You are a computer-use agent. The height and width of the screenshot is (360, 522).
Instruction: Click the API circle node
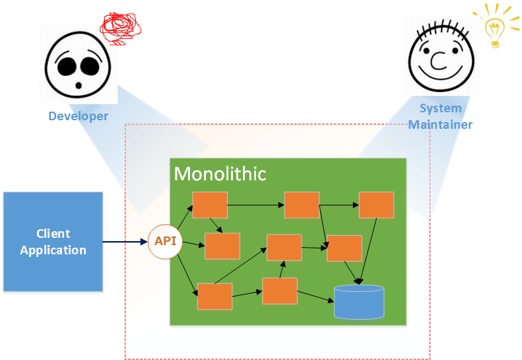coord(165,242)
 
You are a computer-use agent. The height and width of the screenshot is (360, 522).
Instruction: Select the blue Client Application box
coord(53,242)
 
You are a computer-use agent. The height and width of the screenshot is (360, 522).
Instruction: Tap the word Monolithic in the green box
coord(220,174)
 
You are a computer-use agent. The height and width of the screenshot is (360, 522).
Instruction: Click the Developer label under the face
coord(78,116)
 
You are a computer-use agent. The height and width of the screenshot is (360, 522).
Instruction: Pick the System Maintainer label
coord(440,116)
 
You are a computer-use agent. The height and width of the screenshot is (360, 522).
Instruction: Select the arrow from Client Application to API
coord(125,242)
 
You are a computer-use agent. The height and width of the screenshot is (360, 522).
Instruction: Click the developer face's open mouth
coord(79,85)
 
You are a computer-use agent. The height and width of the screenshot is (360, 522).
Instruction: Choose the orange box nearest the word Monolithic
coord(210,205)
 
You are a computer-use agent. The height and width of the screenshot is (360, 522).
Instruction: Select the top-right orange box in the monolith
coord(376,205)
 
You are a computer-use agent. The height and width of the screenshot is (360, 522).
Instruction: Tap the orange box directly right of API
coord(222,246)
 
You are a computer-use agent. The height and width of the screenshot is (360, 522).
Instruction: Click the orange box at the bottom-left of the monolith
coord(214,296)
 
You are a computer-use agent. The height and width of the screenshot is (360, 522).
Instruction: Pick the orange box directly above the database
coord(344,248)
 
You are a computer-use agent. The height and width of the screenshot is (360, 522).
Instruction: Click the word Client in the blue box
coord(53,233)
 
